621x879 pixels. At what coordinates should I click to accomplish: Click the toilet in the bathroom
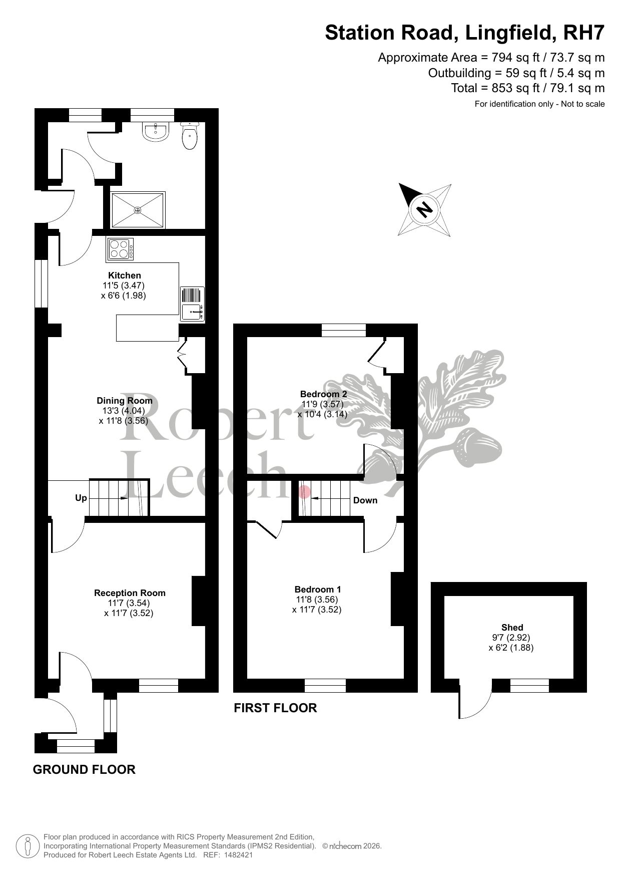coord(190,135)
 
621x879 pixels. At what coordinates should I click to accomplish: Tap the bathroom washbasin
coord(156,132)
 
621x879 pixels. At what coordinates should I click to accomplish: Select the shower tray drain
coord(138,211)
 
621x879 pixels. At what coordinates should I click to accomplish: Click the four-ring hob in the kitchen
coord(121,249)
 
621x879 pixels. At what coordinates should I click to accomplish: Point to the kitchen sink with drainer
coord(192,303)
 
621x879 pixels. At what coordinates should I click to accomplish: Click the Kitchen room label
coord(125,275)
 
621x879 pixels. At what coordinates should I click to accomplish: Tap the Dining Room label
coord(125,401)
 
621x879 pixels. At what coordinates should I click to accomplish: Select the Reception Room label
coord(130,593)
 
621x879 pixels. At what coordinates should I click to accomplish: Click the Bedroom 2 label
coord(323,394)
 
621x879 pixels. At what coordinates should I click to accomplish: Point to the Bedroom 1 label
coord(318,590)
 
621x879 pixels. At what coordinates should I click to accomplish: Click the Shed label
coord(512,628)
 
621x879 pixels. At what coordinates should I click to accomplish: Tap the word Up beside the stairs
coord(81,498)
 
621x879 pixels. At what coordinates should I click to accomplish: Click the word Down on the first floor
coord(365,500)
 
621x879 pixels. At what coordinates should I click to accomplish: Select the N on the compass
coord(425,209)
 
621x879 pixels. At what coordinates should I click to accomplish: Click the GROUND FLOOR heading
coord(84,769)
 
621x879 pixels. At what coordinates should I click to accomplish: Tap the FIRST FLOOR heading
coord(275,708)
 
